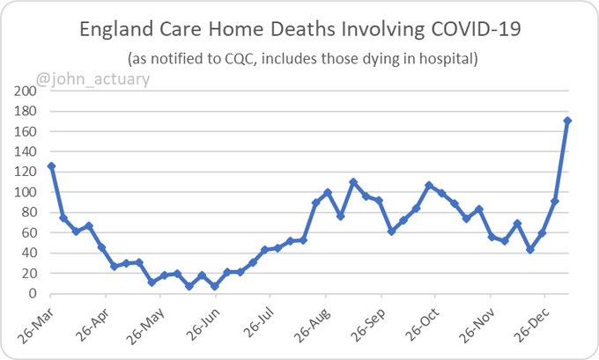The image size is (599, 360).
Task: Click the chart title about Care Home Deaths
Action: pos(299,31)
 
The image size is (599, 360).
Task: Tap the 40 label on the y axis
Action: pos(28,253)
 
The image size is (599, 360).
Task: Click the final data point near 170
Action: pos(568,121)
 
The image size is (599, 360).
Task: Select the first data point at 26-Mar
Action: pos(51,165)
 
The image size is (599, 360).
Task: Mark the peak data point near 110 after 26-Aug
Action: pos(352,182)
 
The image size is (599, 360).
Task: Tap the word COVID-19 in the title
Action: pos(474,31)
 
